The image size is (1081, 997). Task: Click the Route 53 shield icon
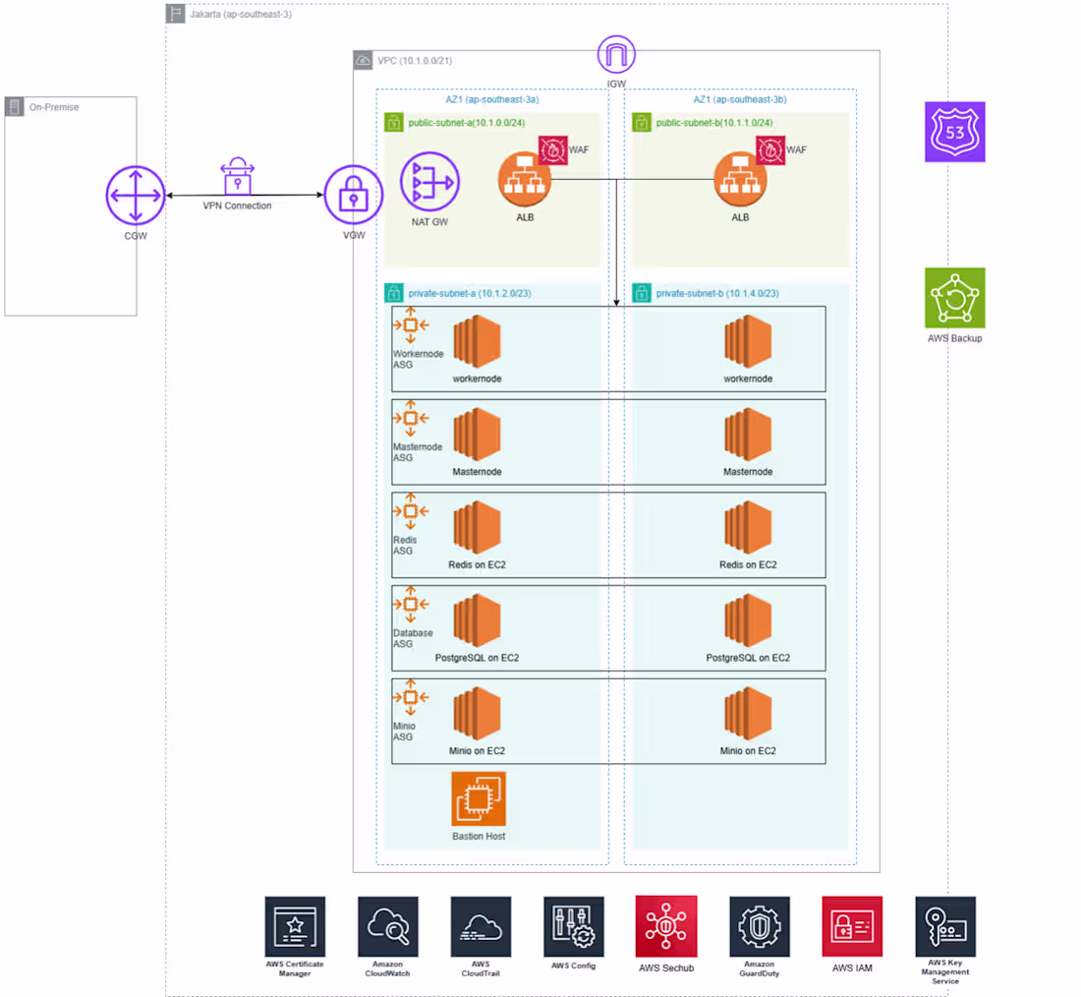pyautogui.click(x=955, y=132)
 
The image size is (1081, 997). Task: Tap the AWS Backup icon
pyautogui.click(x=955, y=297)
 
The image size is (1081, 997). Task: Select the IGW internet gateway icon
pyautogui.click(x=616, y=54)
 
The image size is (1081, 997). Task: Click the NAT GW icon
pyautogui.click(x=429, y=182)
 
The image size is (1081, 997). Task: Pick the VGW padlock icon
pyautogui.click(x=354, y=195)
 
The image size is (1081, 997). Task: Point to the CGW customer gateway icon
pyautogui.click(x=136, y=196)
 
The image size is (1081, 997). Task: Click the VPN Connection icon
pyautogui.click(x=237, y=177)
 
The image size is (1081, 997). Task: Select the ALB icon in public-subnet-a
pyautogui.click(x=525, y=180)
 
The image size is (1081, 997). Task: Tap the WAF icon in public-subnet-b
pyautogui.click(x=770, y=150)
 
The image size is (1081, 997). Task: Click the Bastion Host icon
pyautogui.click(x=479, y=799)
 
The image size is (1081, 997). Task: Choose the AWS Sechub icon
pyautogui.click(x=666, y=926)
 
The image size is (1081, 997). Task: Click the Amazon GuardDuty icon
pyautogui.click(x=759, y=926)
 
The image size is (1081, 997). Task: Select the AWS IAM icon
pyautogui.click(x=852, y=926)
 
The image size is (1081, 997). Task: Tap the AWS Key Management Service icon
pyautogui.click(x=945, y=926)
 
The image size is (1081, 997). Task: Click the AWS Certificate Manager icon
pyautogui.click(x=295, y=926)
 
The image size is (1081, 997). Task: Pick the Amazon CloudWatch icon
pyautogui.click(x=388, y=926)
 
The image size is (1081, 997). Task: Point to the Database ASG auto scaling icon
pyautogui.click(x=411, y=605)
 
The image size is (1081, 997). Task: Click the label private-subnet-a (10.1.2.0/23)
pyautogui.click(x=470, y=293)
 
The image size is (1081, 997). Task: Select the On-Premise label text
pyautogui.click(x=54, y=107)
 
